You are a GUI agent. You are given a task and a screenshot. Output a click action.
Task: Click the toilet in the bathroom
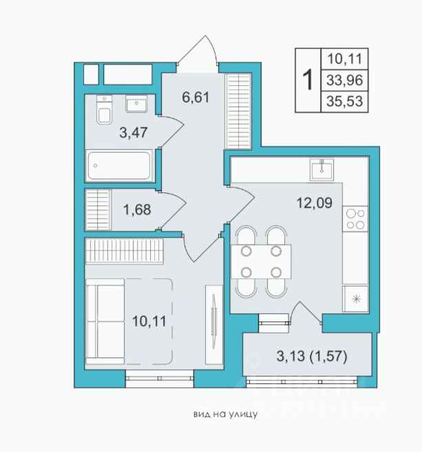coord(104,110)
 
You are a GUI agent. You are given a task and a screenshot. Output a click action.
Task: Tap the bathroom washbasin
coord(136,104)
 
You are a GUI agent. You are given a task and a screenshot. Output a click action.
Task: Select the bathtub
coord(119,166)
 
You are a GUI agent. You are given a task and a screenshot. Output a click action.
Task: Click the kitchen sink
coord(321,170)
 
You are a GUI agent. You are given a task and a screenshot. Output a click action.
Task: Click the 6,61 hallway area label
coord(196,97)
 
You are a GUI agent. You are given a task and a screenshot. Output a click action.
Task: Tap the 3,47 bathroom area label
coord(134,133)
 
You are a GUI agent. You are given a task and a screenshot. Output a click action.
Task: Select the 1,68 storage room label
coord(137,210)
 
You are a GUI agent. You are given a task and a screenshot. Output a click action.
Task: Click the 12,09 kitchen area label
coord(315,203)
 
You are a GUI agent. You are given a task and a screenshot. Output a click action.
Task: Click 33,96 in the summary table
coord(345,80)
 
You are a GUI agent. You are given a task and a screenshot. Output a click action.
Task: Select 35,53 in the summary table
coord(345,101)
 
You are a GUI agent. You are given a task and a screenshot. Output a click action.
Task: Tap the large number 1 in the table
coord(308,80)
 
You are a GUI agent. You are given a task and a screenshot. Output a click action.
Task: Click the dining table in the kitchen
coord(261,262)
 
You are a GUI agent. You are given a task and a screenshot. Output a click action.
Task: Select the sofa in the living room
coord(105,321)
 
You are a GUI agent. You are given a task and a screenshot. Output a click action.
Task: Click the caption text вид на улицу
coord(225,415)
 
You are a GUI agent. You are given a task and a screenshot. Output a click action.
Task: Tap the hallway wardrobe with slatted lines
coord(238,111)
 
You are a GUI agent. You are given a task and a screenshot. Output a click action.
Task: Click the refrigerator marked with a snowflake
coord(355,299)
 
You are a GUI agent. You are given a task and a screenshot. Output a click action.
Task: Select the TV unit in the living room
coord(213,324)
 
